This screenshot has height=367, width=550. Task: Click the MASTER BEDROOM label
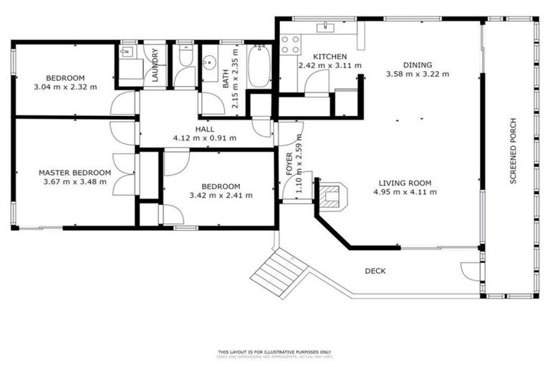[74, 173]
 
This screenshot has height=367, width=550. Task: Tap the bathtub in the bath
[259, 67]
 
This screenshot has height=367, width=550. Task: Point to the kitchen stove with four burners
[290, 44]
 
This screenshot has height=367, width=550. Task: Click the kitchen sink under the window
[329, 28]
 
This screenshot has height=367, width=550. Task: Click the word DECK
[375, 271]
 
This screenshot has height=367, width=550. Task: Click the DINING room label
[418, 64]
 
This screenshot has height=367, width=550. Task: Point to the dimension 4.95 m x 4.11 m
[407, 191]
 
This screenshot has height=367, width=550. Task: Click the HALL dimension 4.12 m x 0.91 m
[205, 138]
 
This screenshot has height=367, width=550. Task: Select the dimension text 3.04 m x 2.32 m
[65, 87]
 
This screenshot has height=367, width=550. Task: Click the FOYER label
[290, 165]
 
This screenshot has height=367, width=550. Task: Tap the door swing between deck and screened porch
[471, 270]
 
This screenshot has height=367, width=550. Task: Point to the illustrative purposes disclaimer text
[275, 353]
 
